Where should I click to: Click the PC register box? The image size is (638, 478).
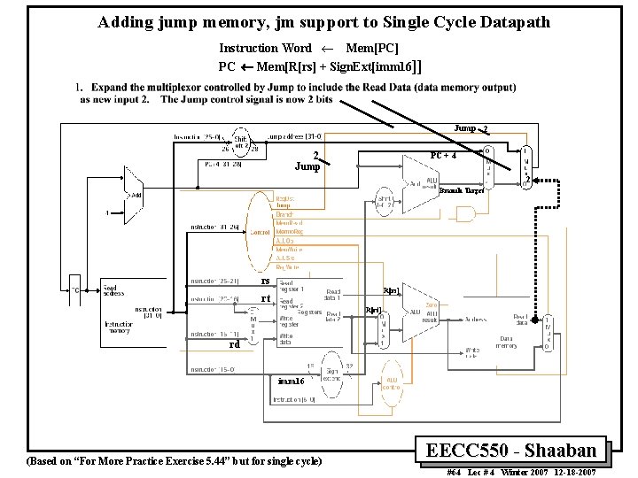(75, 289)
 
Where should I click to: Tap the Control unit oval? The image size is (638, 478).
(260, 232)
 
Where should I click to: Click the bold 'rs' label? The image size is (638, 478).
(264, 281)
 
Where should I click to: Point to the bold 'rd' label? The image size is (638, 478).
(234, 344)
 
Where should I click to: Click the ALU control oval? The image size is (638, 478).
(391, 381)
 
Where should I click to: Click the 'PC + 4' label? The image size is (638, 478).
(442, 156)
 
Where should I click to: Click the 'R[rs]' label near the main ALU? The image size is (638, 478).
(391, 290)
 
